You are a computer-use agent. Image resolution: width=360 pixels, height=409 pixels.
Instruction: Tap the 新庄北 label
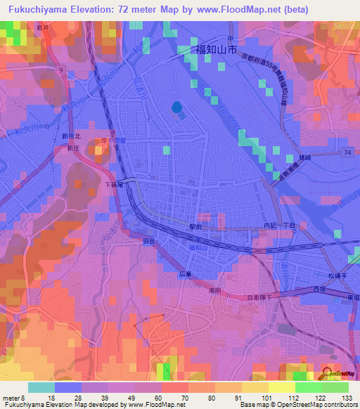click(x=72, y=136)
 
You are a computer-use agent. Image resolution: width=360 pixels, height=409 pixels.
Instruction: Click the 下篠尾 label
click(x=114, y=185)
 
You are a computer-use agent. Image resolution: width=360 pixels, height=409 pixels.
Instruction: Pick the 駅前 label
click(x=195, y=227)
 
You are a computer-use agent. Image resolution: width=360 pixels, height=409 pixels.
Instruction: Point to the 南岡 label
click(x=216, y=289)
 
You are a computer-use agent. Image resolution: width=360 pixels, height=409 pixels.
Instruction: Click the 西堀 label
click(x=320, y=290)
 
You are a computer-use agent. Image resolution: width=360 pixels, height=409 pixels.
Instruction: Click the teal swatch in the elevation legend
click(x=41, y=387)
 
